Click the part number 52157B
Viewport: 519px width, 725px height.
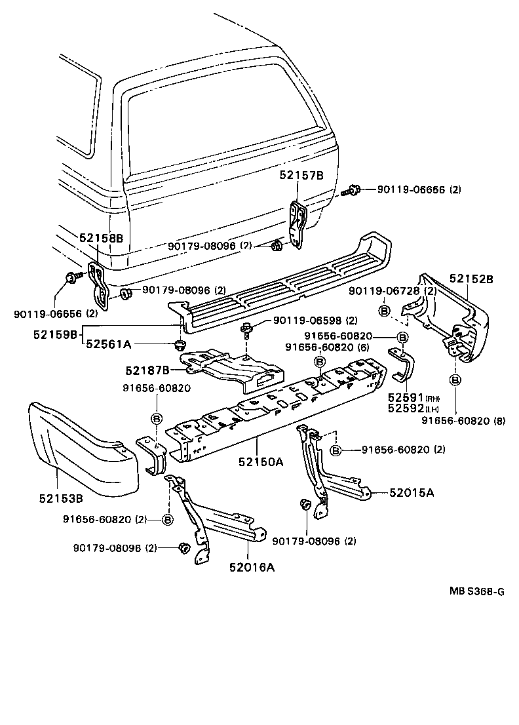tap(301, 175)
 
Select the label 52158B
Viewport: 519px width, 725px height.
tap(101, 239)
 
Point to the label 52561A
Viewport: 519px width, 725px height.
tap(108, 344)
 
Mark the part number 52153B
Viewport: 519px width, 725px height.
tap(60, 498)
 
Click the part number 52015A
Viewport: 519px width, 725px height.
tap(412, 492)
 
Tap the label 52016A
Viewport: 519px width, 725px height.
tap(252, 567)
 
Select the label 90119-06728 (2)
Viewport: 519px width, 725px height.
tap(392, 290)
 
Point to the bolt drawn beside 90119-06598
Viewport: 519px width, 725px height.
tap(248, 329)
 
